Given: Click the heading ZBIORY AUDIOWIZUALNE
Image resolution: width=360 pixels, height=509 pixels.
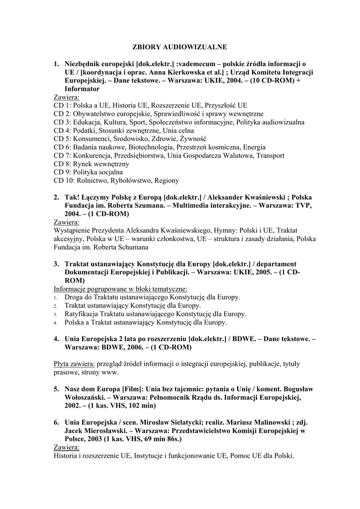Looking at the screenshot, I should pyautogui.click(x=180, y=47).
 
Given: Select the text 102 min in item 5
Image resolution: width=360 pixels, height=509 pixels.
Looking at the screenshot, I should pyautogui.click(x=132, y=406).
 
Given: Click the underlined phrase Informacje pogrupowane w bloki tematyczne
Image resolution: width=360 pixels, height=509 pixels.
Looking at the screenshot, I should pyautogui.click(x=120, y=288).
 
